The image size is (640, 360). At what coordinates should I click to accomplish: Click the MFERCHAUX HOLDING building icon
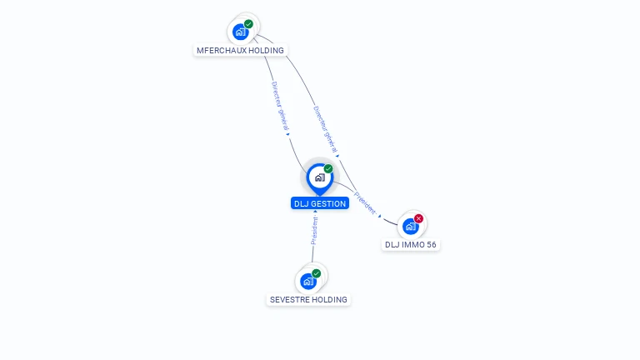pyautogui.click(x=241, y=32)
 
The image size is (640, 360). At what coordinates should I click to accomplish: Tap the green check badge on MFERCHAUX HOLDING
pyautogui.click(x=248, y=24)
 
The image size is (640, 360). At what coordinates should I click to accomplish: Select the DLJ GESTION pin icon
pyautogui.click(x=319, y=177)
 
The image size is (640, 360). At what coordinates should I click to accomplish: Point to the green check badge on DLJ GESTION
pyautogui.click(x=328, y=168)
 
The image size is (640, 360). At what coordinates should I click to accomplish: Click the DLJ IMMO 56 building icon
pyautogui.click(x=410, y=226)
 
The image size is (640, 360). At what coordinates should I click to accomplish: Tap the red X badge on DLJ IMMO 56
pyautogui.click(x=418, y=218)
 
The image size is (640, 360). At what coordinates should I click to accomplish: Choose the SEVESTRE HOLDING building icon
pyautogui.click(x=308, y=281)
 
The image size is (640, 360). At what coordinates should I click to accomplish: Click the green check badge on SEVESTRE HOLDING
pyautogui.click(x=317, y=273)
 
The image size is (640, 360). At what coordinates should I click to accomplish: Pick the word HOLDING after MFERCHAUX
pyautogui.click(x=265, y=51)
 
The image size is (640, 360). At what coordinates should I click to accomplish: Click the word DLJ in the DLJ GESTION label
pyautogui.click(x=301, y=203)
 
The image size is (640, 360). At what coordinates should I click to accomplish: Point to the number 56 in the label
pyautogui.click(x=431, y=245)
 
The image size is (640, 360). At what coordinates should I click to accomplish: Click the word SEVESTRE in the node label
pyautogui.click(x=289, y=299)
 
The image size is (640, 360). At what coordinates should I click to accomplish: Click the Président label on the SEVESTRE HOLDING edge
pyautogui.click(x=314, y=230)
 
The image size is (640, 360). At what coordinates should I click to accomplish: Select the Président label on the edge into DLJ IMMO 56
pyautogui.click(x=365, y=203)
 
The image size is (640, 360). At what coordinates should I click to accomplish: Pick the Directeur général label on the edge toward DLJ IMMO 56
pyautogui.click(x=325, y=128)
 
